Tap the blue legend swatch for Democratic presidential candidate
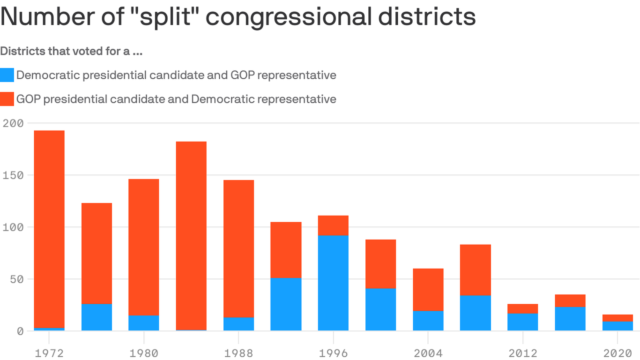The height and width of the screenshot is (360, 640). (7, 75)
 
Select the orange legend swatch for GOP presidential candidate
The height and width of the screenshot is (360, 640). (7, 99)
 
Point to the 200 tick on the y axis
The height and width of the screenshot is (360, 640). (13, 123)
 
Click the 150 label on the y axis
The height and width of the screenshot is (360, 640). (13, 175)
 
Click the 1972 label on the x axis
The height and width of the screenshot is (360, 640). (49, 352)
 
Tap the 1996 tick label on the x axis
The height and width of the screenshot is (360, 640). (333, 352)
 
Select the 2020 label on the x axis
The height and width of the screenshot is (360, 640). (618, 352)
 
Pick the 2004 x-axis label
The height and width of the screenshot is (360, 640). (428, 352)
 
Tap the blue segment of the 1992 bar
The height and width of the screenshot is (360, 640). (286, 304)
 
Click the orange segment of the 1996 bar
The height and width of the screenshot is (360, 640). (333, 225)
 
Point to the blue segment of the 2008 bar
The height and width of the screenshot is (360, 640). (475, 313)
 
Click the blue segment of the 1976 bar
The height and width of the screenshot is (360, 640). (97, 317)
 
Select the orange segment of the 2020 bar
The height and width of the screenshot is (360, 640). (618, 318)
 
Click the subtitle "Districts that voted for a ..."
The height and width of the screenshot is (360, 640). (71, 51)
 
